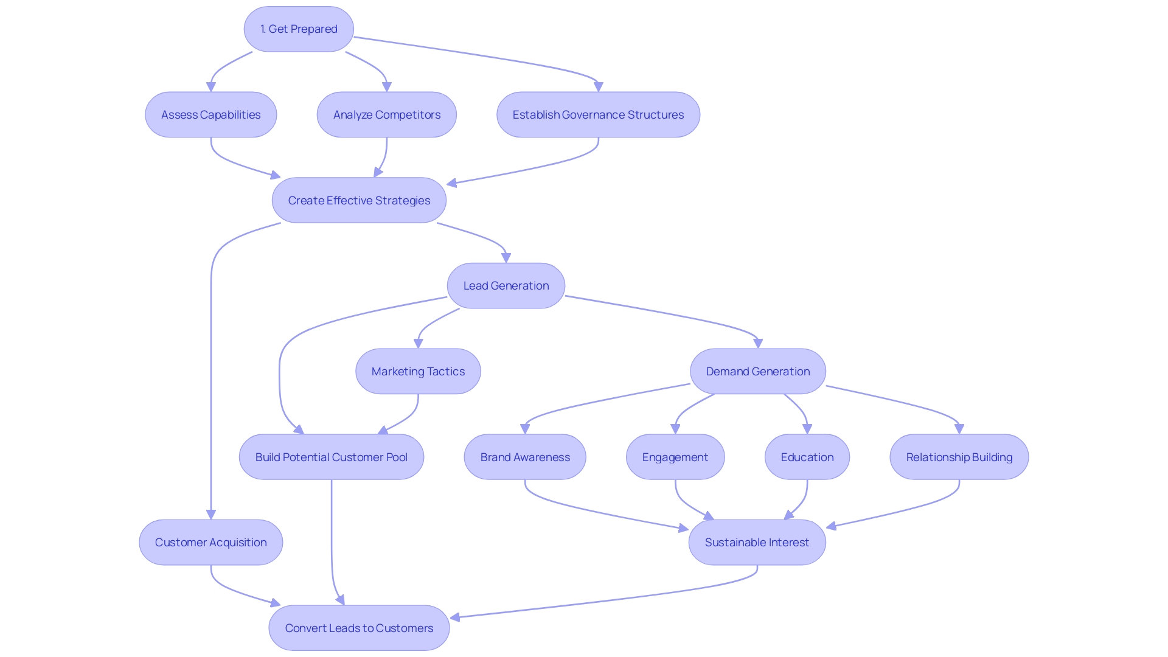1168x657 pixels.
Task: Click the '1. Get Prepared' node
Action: [x=299, y=29]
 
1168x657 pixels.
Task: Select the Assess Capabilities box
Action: [x=210, y=115]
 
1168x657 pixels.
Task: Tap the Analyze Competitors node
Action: [x=386, y=115]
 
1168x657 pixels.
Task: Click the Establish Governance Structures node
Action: [x=598, y=115]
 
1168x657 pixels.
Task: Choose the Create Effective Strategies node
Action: [x=359, y=201]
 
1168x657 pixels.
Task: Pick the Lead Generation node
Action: [x=506, y=286]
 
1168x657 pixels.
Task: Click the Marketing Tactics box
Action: [x=418, y=372]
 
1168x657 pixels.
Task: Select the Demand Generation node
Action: [x=757, y=372]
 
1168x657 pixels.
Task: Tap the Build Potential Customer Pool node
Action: [x=331, y=457]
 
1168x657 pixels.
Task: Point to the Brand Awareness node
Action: [x=525, y=457]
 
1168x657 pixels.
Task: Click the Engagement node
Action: [x=675, y=457]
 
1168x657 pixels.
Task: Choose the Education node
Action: [x=807, y=457]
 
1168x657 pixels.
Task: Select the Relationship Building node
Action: [x=959, y=457]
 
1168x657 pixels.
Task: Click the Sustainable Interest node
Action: [x=757, y=543]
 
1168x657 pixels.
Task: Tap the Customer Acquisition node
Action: [x=210, y=543]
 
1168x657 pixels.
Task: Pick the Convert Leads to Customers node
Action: [x=359, y=628]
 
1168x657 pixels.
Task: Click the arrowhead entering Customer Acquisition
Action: [x=211, y=515]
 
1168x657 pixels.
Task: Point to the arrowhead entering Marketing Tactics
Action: [x=418, y=344]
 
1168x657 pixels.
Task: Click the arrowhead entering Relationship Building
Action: [x=959, y=429]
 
